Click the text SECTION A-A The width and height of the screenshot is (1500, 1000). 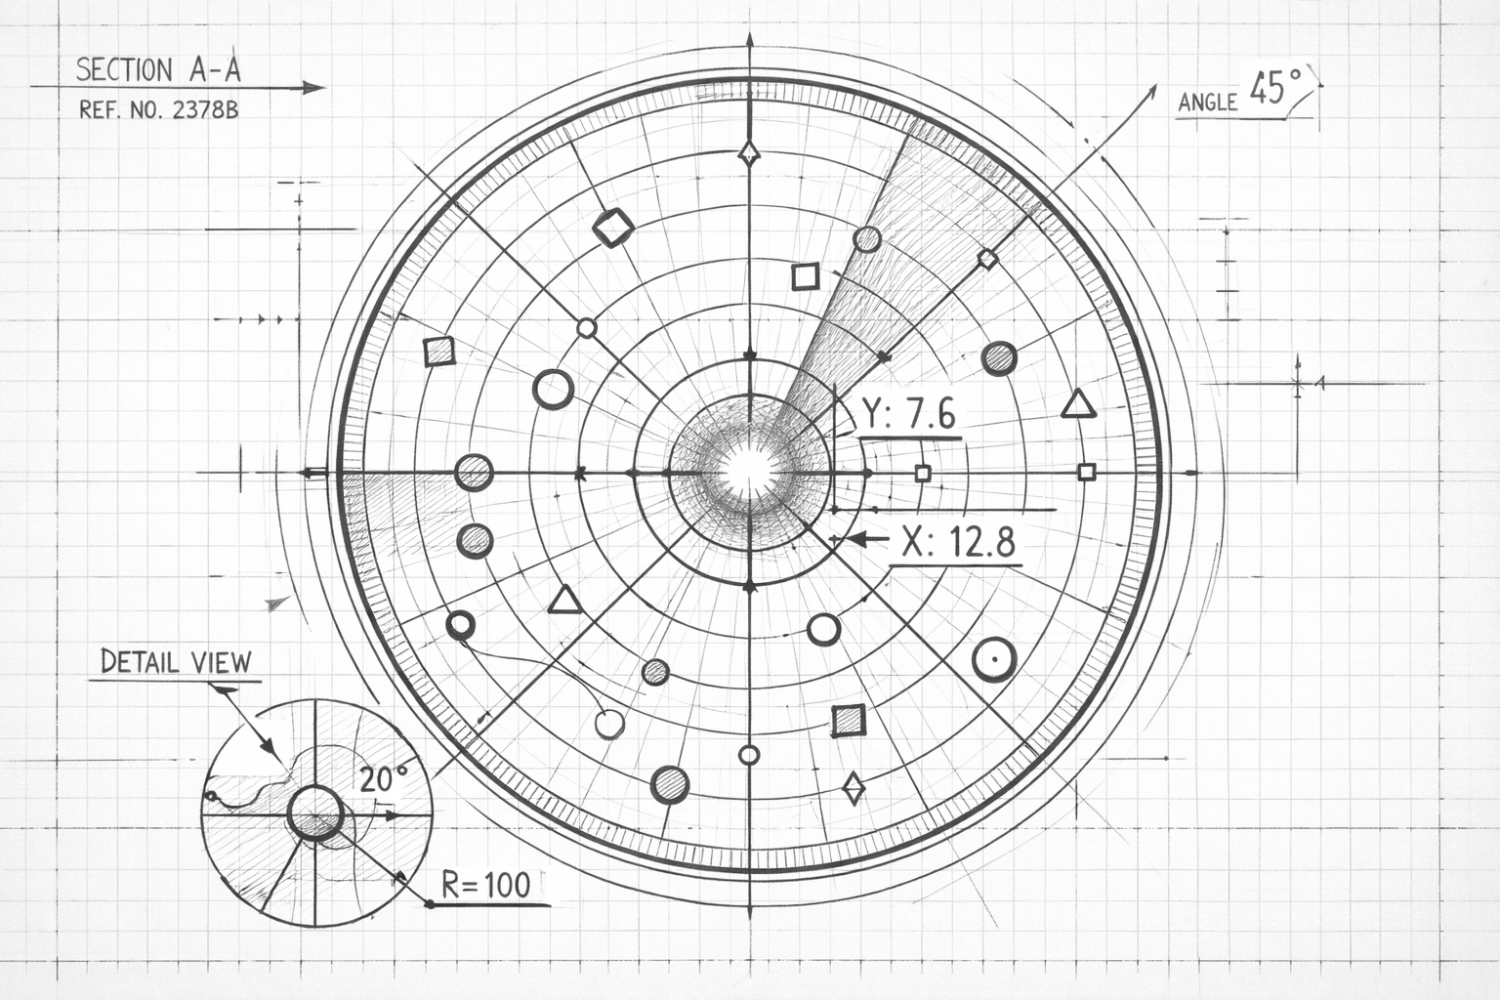(159, 69)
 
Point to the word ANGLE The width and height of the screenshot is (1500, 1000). (1208, 102)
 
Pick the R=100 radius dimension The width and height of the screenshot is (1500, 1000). (486, 885)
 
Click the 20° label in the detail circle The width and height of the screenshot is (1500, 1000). (384, 779)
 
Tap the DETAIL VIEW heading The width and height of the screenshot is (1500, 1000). (176, 661)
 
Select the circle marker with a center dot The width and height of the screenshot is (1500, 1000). (995, 661)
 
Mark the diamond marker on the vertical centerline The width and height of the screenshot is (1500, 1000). (749, 152)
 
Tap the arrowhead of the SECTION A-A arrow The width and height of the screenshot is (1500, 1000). (314, 88)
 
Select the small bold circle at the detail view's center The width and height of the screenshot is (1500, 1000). (314, 812)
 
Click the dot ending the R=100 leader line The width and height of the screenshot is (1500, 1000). (429, 904)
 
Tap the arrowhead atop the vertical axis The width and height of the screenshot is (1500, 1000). (749, 41)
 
